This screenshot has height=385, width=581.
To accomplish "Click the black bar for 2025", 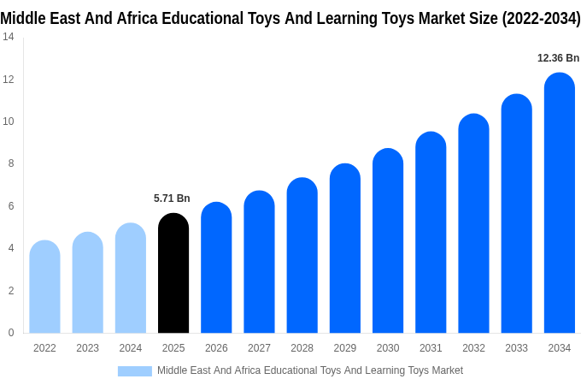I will tap(173, 274).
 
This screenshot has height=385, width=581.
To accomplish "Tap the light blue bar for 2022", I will tap(44, 287).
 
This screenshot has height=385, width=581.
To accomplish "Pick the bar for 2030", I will tap(388, 241).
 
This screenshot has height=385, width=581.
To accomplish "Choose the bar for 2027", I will tap(259, 263).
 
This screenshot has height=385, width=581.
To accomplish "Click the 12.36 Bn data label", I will tap(558, 58).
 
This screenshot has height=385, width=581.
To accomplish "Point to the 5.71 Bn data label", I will tap(172, 198).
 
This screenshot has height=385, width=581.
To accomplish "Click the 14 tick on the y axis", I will tap(8, 37).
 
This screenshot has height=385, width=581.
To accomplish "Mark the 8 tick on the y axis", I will tap(10, 163).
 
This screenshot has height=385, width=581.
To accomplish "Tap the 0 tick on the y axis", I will tap(10, 333).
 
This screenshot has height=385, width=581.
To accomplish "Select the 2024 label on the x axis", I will tap(131, 348).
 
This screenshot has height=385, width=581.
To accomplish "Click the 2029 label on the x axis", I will tap(345, 348).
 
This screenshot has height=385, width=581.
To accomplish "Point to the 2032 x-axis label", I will tap(473, 348).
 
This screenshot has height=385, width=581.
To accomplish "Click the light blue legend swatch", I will tap(134, 370).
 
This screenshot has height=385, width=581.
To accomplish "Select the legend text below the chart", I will tap(309, 370).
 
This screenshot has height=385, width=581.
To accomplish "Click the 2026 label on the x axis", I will tap(216, 348).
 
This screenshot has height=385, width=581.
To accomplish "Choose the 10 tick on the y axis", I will tap(8, 121).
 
